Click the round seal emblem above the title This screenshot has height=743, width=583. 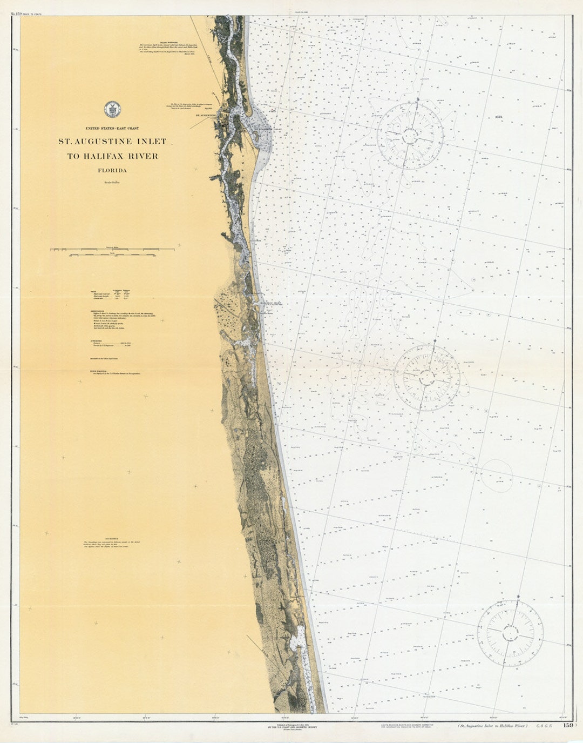[x=112, y=109]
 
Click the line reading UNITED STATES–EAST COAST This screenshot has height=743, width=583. [x=112, y=128]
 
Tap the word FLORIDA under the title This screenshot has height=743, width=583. [x=112, y=170]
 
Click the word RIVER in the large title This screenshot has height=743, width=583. [x=144, y=156]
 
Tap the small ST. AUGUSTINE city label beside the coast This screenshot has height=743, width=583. [x=205, y=115]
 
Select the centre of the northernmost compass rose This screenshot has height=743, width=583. [x=410, y=133]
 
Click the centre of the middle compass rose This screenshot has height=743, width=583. [x=426, y=377]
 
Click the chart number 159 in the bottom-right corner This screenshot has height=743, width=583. [x=567, y=726]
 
